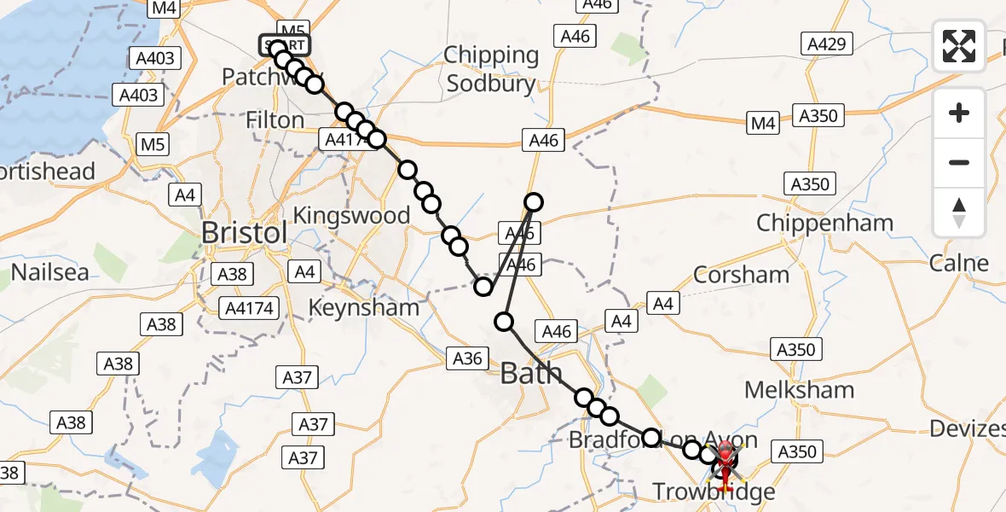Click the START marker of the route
tap(285, 45)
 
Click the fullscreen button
tap(959, 45)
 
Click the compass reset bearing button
tap(959, 212)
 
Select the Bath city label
tap(530, 373)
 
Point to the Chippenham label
tap(824, 224)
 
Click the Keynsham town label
tap(364, 307)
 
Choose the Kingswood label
tap(351, 215)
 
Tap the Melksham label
tap(799, 390)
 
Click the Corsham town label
tap(741, 274)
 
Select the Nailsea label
tap(50, 273)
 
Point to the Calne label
tap(959, 263)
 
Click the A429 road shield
tap(823, 44)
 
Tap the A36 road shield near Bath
tap(467, 359)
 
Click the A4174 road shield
tap(251, 307)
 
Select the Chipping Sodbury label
tap(492, 69)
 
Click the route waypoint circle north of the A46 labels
tap(533, 202)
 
